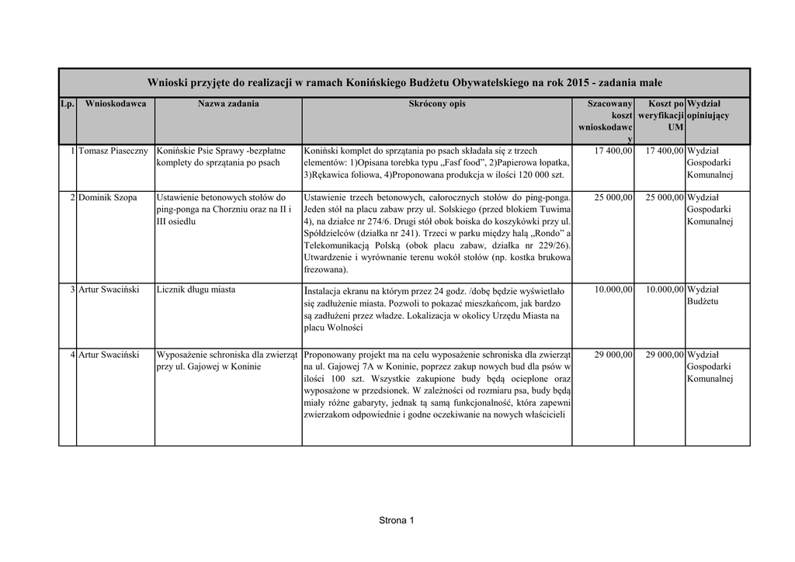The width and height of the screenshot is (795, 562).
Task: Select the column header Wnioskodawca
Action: click(116, 104)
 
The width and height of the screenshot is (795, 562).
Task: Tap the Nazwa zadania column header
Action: click(228, 104)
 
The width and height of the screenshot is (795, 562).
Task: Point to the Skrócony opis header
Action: click(436, 104)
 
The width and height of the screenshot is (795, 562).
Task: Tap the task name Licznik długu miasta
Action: click(196, 290)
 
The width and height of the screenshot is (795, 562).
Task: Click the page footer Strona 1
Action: click(397, 520)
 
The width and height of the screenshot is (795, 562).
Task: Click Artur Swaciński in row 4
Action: click(109, 354)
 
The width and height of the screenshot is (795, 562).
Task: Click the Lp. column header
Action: click(68, 104)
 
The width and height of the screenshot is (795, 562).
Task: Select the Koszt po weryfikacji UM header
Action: click(661, 115)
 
